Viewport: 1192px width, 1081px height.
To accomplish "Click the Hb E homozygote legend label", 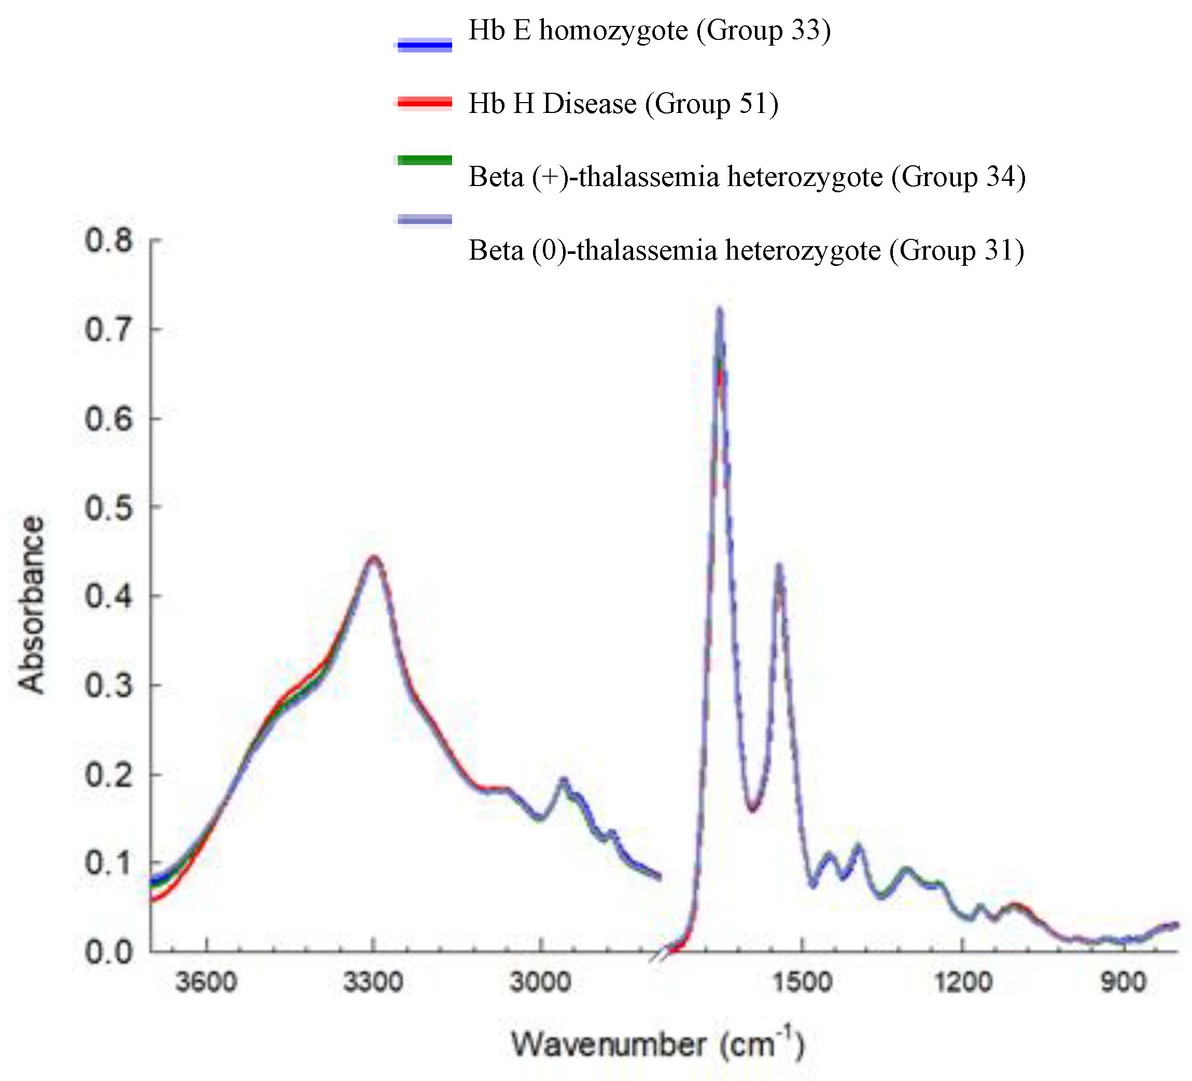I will [x=649, y=31].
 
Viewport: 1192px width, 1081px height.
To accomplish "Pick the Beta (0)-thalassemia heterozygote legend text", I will [x=746, y=251].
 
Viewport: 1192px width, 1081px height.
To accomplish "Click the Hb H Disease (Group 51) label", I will [x=623, y=104].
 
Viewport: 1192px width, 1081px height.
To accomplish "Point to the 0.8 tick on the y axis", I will [x=109, y=240].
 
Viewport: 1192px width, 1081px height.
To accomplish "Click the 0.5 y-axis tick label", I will [x=109, y=508].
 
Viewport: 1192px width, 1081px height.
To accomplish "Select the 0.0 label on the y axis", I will [x=109, y=952].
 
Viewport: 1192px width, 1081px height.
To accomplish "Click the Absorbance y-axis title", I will [x=31, y=604].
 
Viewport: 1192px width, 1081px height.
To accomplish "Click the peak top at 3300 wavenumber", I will [x=373, y=558].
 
